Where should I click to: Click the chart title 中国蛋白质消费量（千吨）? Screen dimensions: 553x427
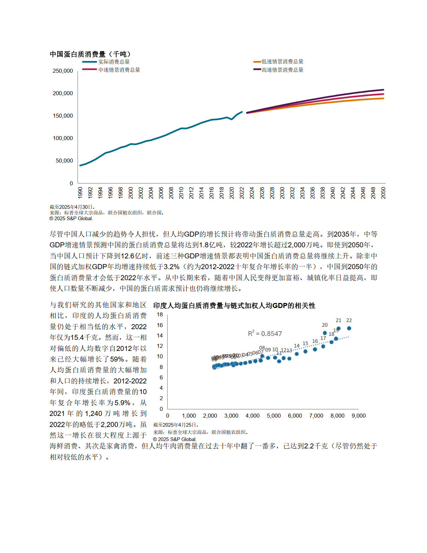coord(90,54)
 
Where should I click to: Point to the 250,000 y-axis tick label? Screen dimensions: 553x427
coord(63,71)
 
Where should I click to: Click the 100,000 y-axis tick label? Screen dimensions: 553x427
coord(63,138)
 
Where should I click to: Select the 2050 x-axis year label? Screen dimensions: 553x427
coord(383,193)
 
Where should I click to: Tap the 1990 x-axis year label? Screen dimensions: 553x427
coord(80,193)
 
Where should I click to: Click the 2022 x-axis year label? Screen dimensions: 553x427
coord(242,193)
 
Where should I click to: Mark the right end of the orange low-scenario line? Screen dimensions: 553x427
coord(383,98)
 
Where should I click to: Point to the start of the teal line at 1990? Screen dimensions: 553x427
coord(80,165)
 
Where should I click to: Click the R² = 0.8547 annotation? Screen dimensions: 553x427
coord(265,333)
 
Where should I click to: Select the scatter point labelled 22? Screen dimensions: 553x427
coord(349,328)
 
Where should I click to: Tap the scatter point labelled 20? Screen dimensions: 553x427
coord(325,333)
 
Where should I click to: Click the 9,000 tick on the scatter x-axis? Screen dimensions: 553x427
coord(358,416)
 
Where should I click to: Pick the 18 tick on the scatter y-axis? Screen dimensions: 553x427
coord(160,314)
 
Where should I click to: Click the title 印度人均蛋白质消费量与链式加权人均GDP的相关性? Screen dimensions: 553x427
coord(234,305)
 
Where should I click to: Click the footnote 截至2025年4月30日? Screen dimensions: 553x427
coord(72,207)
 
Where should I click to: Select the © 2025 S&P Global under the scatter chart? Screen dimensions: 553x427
coord(175,439)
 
